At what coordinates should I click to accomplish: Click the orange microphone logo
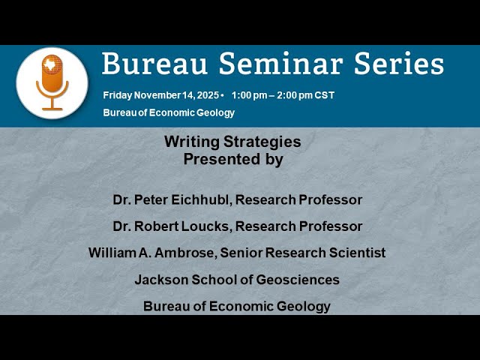pyautogui.click(x=52, y=82)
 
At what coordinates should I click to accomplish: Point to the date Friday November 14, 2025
pyautogui.click(x=160, y=96)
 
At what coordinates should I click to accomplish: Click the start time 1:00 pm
pyautogui.click(x=252, y=96)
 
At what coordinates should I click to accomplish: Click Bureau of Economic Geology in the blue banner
pyautogui.click(x=169, y=113)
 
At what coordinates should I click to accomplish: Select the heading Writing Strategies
pyautogui.click(x=232, y=142)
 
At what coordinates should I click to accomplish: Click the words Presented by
pyautogui.click(x=233, y=159)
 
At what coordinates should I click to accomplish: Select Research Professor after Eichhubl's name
pyautogui.click(x=307, y=200)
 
